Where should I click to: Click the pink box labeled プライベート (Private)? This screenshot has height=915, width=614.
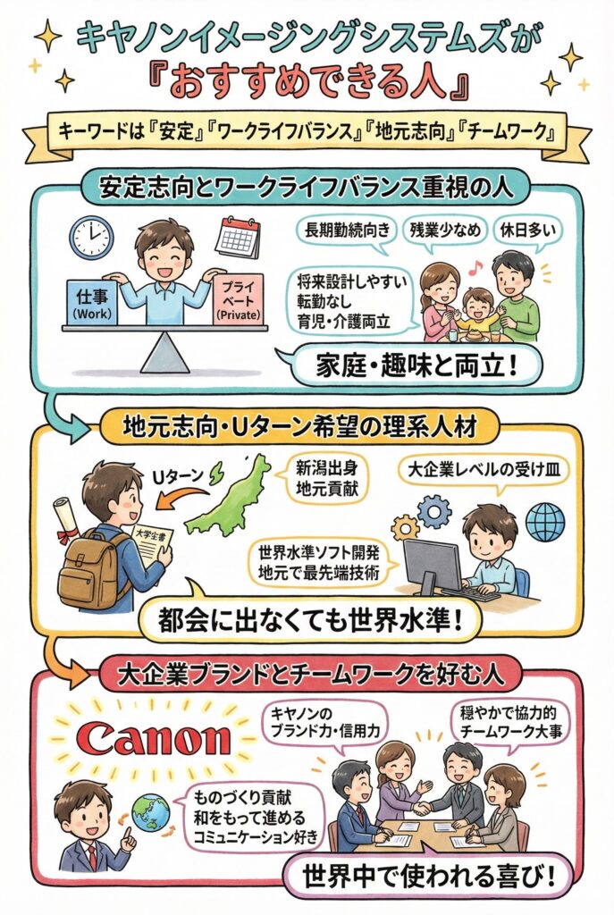(237, 299)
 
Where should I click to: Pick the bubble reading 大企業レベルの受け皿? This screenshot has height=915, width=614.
(463, 469)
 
